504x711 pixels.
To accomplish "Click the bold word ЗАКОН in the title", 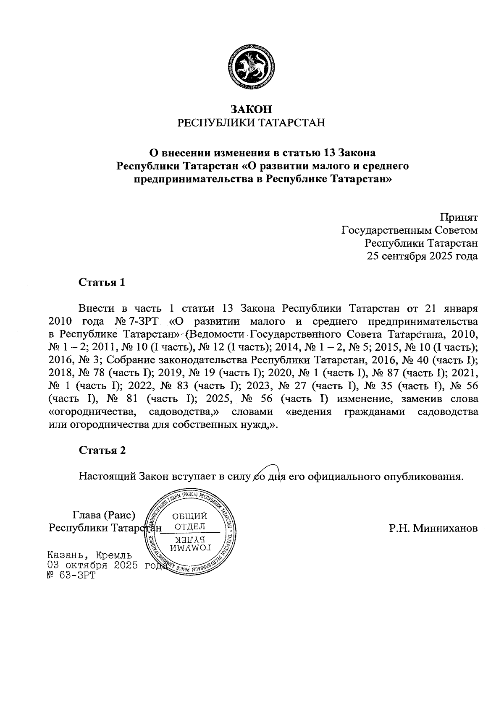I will coord(252,109).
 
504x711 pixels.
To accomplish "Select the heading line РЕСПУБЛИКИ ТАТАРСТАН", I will coord(252,123).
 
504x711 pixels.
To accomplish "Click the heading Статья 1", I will coord(102,282).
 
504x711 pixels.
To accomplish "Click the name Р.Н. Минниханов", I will coord(433,529).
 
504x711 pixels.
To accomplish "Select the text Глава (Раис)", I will coord(104,515).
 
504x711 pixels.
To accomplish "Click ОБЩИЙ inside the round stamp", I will coord(190,516).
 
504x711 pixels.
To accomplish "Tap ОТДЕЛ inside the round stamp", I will coord(190,526).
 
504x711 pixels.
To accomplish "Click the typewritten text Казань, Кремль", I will coord(90,555).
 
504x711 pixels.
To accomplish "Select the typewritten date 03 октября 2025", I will coord(93,565).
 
